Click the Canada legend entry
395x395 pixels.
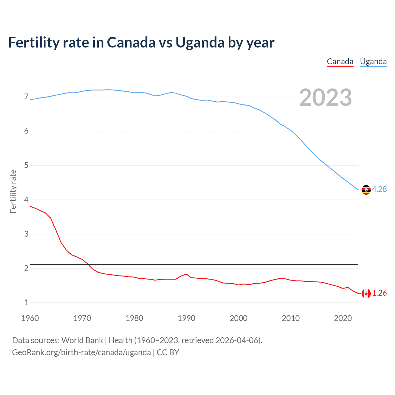(340, 61)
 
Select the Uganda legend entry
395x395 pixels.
(373, 61)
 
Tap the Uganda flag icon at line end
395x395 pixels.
(366, 190)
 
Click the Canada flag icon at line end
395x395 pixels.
(366, 293)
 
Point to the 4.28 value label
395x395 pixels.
(379, 189)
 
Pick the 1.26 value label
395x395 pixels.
(379, 293)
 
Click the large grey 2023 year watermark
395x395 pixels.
(325, 98)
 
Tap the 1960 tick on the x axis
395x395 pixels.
(30, 318)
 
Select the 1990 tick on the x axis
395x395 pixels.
(186, 318)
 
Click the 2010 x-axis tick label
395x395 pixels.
(291, 318)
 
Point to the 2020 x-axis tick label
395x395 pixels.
(343, 318)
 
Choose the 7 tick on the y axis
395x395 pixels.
(26, 97)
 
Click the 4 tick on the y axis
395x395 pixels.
(26, 200)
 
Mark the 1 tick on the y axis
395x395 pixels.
(26, 303)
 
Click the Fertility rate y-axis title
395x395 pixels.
(13, 191)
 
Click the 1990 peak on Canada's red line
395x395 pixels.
(186, 274)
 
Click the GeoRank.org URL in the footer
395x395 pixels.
(81, 352)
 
